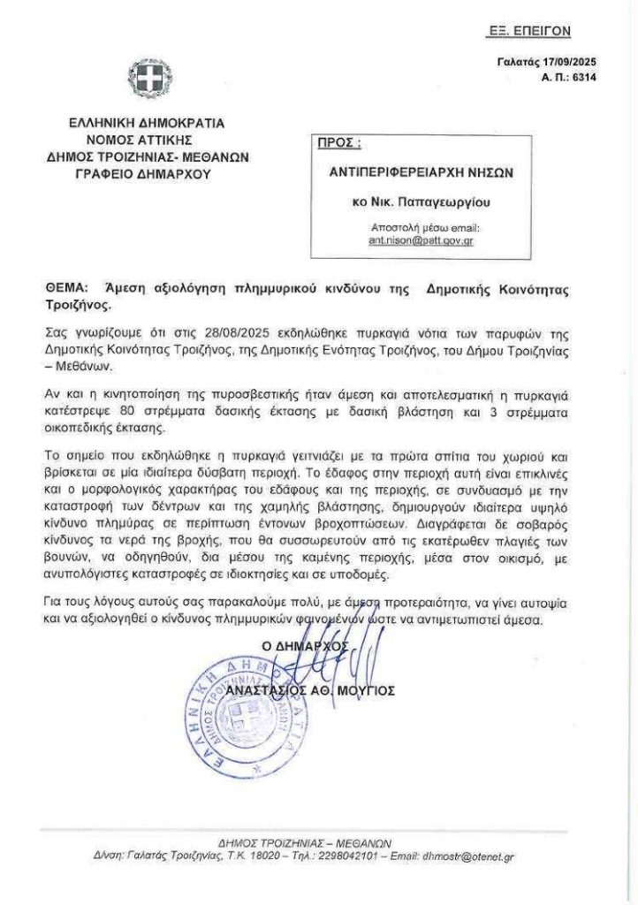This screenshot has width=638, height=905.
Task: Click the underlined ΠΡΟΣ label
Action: tap(338, 143)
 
